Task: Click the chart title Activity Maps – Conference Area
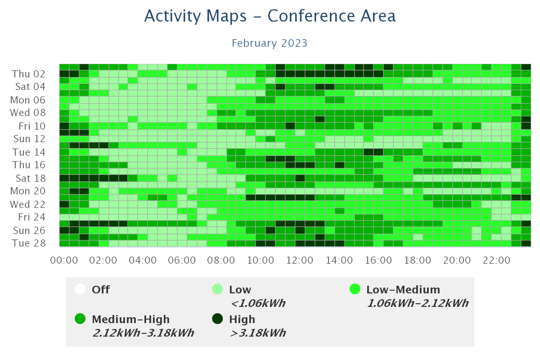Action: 270,16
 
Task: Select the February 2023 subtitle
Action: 270,43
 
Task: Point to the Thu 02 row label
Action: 28,74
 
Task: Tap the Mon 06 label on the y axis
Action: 28,100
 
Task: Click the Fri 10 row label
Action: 32,126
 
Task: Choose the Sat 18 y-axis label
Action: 31,178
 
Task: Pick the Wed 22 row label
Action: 28,204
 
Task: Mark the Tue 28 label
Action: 29,243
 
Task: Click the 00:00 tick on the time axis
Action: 64,261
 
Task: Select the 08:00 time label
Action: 221,261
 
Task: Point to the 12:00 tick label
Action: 300,261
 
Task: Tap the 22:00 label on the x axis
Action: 496,261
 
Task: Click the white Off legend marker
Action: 80,289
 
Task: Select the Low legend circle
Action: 217,289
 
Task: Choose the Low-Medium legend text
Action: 403,290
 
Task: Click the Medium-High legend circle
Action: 80,319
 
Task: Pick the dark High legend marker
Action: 217,319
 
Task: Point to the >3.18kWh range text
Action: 258,333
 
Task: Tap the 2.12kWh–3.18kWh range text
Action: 143,333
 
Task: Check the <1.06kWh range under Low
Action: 258,303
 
